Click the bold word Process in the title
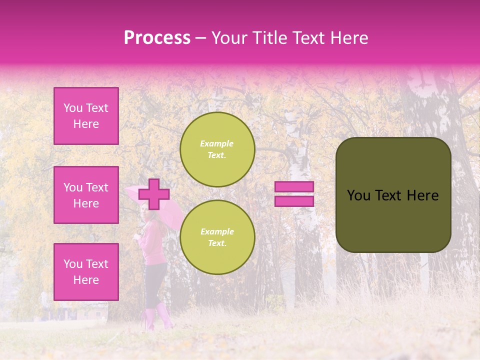[157, 37]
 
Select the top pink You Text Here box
[86, 116]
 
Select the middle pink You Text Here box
[86, 195]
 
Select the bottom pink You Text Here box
[86, 271]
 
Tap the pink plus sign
[154, 194]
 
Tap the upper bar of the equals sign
[294, 186]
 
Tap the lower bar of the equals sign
[294, 201]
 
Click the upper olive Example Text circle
[217, 149]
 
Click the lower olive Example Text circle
[217, 237]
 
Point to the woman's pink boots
[157, 318]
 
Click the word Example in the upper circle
[216, 143]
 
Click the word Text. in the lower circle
[216, 243]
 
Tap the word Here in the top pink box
[86, 124]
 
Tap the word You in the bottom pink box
[72, 263]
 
